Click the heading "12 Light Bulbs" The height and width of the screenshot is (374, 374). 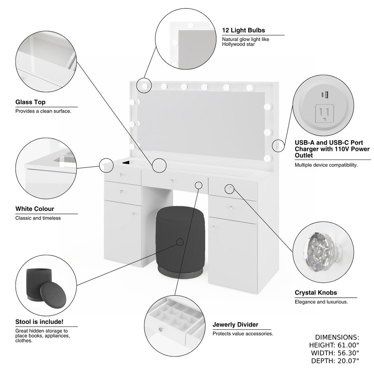[x=244, y=30]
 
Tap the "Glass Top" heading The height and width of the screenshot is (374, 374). [x=30, y=102]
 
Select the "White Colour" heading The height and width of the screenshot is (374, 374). [x=35, y=209]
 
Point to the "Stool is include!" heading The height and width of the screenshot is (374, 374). [x=39, y=322]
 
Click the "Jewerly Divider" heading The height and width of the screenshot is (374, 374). [x=235, y=324]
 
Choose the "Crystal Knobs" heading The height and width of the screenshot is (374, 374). [x=316, y=293]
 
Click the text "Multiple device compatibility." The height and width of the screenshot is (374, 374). [x=326, y=165]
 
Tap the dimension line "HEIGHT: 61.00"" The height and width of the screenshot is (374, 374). [x=334, y=345]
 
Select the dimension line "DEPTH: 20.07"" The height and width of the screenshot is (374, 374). [x=335, y=361]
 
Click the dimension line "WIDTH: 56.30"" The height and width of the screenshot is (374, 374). [x=335, y=353]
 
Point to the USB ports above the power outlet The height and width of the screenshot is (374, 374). [x=324, y=95]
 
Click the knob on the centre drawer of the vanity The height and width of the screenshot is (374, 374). [x=171, y=180]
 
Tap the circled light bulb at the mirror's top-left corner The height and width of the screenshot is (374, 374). [x=144, y=85]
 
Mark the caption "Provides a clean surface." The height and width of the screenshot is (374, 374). [x=43, y=111]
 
